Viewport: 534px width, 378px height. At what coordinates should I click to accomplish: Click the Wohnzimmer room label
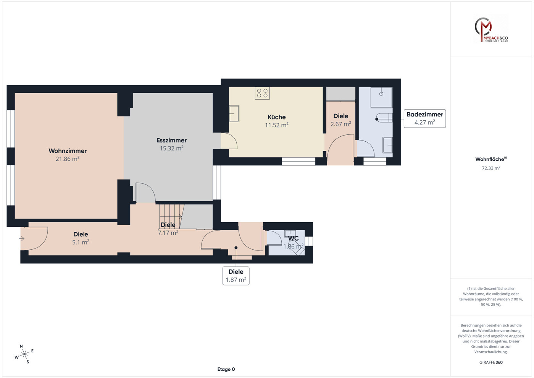68,151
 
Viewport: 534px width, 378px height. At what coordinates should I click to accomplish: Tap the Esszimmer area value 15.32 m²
171,149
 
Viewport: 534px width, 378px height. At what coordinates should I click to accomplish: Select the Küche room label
276,117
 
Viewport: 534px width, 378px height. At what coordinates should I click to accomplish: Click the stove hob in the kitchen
262,93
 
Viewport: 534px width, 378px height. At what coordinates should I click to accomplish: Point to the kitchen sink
234,113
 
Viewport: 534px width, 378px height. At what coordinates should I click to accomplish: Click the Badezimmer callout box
425,118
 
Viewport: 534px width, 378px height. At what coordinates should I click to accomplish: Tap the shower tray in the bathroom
381,97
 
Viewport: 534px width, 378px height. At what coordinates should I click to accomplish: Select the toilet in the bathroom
384,118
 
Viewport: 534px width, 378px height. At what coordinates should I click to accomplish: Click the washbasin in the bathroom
387,145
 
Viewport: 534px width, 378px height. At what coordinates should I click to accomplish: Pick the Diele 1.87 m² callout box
236,276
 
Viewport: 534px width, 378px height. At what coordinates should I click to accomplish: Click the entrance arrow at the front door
22,239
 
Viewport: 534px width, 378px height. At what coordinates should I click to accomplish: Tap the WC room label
293,238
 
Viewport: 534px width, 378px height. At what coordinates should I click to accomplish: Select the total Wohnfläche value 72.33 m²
491,168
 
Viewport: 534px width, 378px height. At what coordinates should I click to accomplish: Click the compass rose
24,354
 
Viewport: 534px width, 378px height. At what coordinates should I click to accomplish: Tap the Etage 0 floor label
226,369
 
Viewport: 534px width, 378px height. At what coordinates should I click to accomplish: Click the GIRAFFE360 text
491,362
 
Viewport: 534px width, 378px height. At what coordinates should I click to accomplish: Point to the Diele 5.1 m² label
81,238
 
